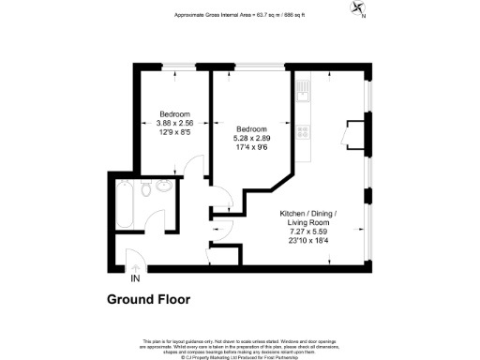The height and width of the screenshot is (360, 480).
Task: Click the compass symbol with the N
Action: (357, 9)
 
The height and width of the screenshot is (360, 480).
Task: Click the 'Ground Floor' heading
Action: (148, 300)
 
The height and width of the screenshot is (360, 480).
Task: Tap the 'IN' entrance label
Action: (136, 278)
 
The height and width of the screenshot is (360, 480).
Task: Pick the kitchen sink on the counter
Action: (302, 93)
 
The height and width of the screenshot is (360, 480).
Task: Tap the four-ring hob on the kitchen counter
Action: (302, 131)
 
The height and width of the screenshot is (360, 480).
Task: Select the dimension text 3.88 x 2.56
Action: (174, 123)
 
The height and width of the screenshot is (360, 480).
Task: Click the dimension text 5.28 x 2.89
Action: (251, 138)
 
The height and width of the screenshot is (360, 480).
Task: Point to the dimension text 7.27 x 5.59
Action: (308, 231)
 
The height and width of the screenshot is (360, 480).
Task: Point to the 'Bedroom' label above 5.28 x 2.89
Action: (251, 129)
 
